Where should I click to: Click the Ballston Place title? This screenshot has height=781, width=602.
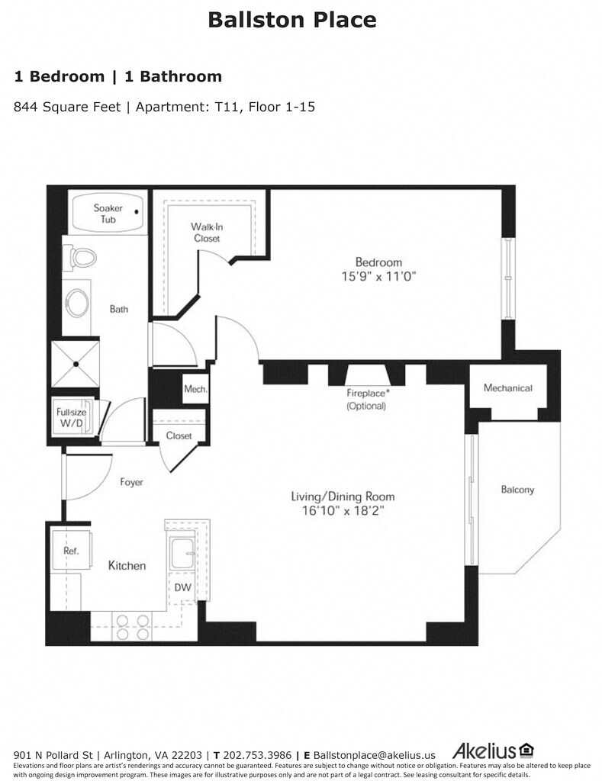[292, 20]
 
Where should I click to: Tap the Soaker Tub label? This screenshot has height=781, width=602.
[108, 214]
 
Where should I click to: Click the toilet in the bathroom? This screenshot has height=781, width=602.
[81, 257]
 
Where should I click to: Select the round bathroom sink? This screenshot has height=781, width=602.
[77, 304]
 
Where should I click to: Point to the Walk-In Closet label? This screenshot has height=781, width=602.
[206, 233]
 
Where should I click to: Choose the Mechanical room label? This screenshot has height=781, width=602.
[507, 388]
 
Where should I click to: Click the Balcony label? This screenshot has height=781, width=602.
[517, 490]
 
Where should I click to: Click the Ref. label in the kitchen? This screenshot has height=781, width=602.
[71, 551]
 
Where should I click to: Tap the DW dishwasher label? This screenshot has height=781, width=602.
[182, 587]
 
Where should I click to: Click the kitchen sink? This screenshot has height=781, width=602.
[182, 554]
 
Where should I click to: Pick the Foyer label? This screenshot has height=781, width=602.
[131, 482]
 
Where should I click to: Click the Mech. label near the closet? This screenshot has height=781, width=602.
[195, 389]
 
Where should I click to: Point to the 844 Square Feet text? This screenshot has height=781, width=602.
[67, 107]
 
